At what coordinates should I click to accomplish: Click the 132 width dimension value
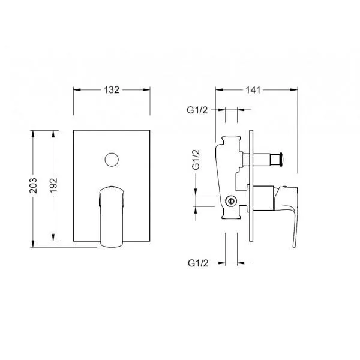(x=112, y=90)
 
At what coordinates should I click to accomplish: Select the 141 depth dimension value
(x=253, y=90)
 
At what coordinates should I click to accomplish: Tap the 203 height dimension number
(x=33, y=185)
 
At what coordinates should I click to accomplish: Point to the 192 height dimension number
(x=53, y=185)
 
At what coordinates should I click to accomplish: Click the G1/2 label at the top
(x=197, y=110)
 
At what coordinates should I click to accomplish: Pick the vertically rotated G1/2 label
(x=196, y=160)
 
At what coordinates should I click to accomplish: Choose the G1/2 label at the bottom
(x=198, y=263)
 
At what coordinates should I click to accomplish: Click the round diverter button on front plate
(x=112, y=160)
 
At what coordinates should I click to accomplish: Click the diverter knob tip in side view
(x=281, y=159)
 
